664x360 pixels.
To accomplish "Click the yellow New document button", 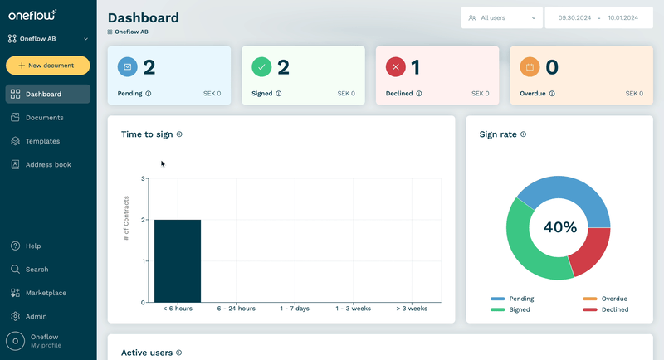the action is click(48, 66).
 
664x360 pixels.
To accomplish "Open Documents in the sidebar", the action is click(45, 118).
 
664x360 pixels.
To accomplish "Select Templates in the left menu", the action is click(42, 141).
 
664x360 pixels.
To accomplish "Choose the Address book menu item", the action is click(48, 164).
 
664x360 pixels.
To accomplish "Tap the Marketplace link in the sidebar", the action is click(46, 293).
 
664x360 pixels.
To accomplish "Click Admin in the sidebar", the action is click(36, 316).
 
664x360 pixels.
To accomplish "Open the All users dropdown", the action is click(502, 17).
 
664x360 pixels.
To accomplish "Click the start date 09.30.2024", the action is click(574, 17).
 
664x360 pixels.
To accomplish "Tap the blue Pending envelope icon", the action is click(128, 67).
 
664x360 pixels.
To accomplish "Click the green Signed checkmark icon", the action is click(261, 67).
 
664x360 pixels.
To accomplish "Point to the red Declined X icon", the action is click(396, 67).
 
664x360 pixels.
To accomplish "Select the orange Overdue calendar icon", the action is click(530, 67).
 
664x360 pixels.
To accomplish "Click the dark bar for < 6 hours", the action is click(178, 261).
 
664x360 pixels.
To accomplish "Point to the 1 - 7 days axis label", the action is click(295, 309).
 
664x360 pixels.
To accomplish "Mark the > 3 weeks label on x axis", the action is click(412, 309).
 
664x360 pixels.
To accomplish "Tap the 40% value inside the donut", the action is click(559, 227).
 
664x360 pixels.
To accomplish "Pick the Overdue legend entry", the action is click(605, 299).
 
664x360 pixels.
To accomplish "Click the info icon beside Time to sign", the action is click(179, 134).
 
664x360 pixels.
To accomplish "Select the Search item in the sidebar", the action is click(37, 270).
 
